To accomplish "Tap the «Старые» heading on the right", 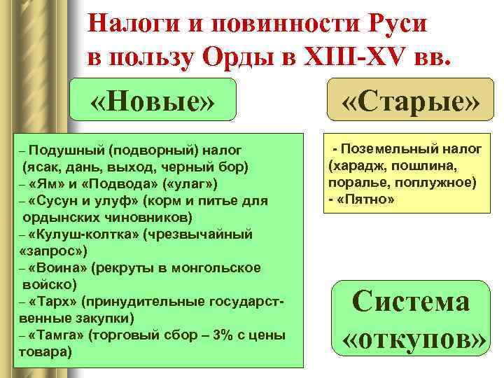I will point(411,104).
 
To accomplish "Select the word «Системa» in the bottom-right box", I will point(411,302).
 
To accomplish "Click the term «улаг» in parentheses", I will point(198,183).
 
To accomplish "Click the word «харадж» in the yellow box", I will point(356,165).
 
